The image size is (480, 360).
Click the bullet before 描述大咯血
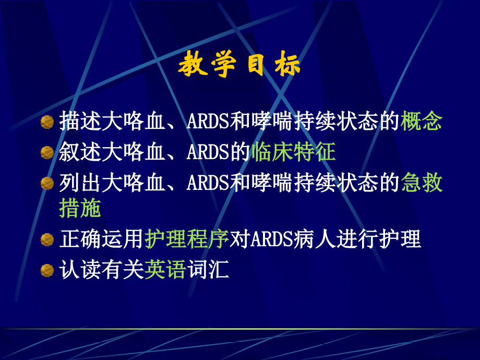click(47, 122)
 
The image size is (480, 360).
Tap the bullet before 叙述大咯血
click(47, 152)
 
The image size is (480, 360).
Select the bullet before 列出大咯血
click(47, 183)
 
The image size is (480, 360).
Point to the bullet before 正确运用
click(47, 239)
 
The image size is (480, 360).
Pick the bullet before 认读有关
click(47, 270)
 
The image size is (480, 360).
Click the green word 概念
click(422, 122)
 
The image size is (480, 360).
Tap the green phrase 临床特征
click(293, 152)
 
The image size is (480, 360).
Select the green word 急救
click(422, 183)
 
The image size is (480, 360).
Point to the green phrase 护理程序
click(187, 239)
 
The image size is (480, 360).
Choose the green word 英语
click(165, 270)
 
